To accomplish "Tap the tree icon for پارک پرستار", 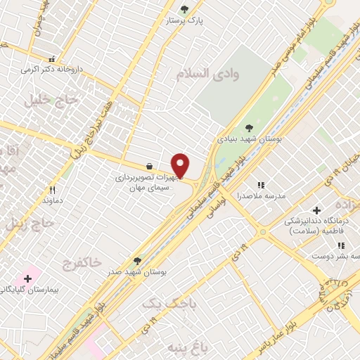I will tap(184, 9).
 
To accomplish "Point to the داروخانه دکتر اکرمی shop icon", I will tap(51, 60).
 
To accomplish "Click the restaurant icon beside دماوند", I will tap(51, 190).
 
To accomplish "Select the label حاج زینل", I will tap(27, 225).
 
